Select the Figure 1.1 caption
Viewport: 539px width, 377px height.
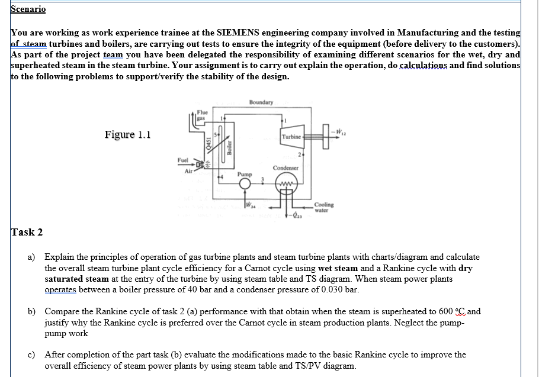127,134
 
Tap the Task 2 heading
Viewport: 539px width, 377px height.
27,232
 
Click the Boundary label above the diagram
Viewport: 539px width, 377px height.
261,102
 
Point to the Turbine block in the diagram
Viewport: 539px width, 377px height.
291,137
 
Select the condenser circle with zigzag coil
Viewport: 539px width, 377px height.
287,183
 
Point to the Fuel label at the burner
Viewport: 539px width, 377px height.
182,160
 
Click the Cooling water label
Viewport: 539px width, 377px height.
324,207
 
